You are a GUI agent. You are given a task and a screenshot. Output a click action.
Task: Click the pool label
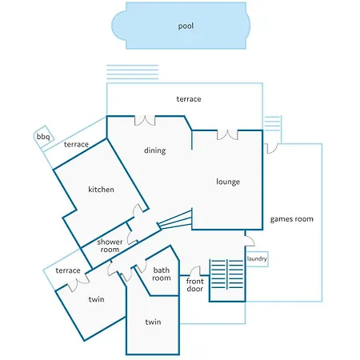(x=186, y=26)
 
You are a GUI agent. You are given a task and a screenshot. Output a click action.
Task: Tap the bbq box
(x=44, y=137)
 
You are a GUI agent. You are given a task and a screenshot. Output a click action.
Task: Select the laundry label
(x=257, y=258)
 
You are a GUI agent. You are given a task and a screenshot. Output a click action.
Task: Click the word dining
(x=155, y=150)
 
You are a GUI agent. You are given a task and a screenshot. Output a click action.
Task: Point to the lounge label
(x=228, y=182)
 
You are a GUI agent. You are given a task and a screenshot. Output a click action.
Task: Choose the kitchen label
(x=101, y=190)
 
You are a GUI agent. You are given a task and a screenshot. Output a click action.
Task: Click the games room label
(x=292, y=219)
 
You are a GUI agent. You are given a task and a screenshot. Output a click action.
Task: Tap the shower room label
(x=110, y=246)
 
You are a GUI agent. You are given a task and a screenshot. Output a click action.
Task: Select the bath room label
(x=162, y=274)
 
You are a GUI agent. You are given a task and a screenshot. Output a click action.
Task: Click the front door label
(x=195, y=285)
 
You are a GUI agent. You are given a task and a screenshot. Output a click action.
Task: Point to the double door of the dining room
(x=145, y=121)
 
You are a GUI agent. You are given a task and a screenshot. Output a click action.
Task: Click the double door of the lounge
(x=227, y=135)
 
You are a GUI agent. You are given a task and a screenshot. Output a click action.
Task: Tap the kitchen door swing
(x=138, y=210)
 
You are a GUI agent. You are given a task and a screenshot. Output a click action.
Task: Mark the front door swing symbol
(x=195, y=270)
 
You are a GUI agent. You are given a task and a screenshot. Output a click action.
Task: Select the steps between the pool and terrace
(x=133, y=72)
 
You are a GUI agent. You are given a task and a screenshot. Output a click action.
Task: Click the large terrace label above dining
(x=189, y=99)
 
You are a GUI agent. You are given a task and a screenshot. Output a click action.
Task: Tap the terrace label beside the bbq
(x=76, y=145)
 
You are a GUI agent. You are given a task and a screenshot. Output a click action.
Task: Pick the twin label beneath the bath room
(x=153, y=322)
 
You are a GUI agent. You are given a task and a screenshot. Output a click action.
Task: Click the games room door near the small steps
(x=272, y=149)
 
